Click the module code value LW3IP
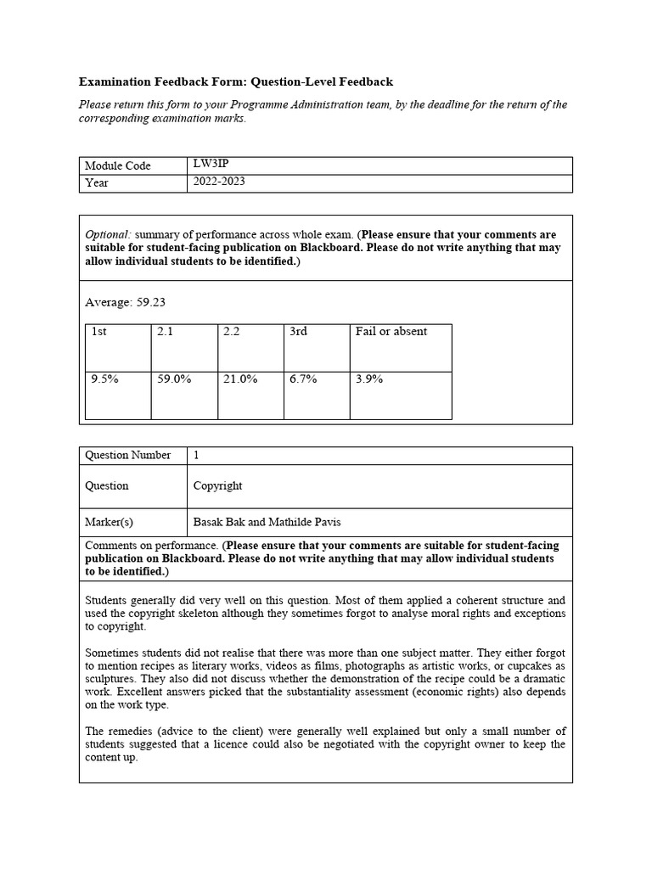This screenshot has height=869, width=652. click(210, 165)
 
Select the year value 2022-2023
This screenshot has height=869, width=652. click(219, 182)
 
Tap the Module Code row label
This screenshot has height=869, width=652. click(117, 165)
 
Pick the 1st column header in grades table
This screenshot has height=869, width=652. click(98, 332)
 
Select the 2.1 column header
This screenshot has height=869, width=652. click(165, 332)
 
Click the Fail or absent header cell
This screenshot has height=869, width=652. click(391, 332)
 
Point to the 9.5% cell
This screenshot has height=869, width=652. click(104, 379)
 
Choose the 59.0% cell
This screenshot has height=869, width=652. click(174, 379)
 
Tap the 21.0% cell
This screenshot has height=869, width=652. click(240, 379)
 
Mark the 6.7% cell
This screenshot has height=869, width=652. click(303, 379)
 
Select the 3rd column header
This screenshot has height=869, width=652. click(298, 332)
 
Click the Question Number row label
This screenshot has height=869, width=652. click(127, 455)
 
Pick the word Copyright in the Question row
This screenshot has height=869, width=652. click(217, 485)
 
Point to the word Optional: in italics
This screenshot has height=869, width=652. click(109, 234)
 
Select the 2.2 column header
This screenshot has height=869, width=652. click(231, 332)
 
